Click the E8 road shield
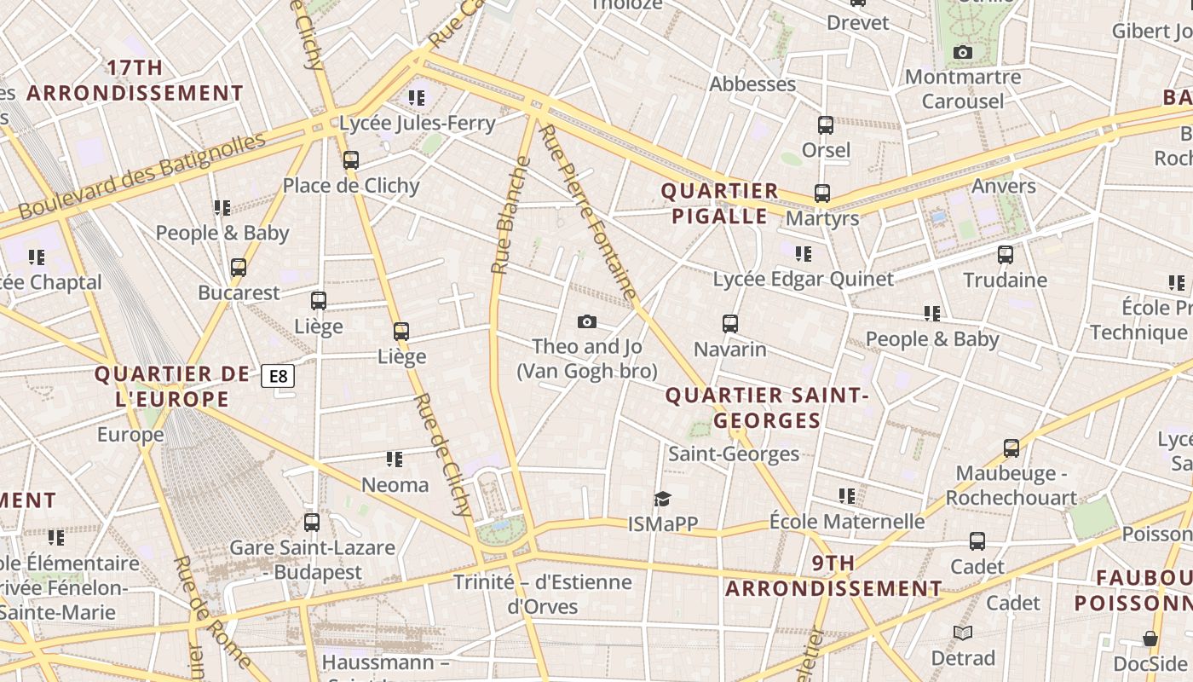coord(278,376)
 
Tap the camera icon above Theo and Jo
coord(586,321)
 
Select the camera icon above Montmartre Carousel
coord(963,53)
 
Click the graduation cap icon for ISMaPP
coord(662,499)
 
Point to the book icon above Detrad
coord(963,633)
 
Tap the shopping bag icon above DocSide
coord(1150,639)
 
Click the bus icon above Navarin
coord(730,324)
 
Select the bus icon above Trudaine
coord(1006,254)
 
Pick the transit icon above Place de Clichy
coord(350,159)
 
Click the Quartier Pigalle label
coord(720,203)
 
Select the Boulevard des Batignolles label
coord(141,176)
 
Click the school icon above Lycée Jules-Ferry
coord(416,98)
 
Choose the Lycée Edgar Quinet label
coord(804,279)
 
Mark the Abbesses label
coord(752,84)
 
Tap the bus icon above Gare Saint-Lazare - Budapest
coord(312,522)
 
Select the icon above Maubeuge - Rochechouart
coord(1011,448)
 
